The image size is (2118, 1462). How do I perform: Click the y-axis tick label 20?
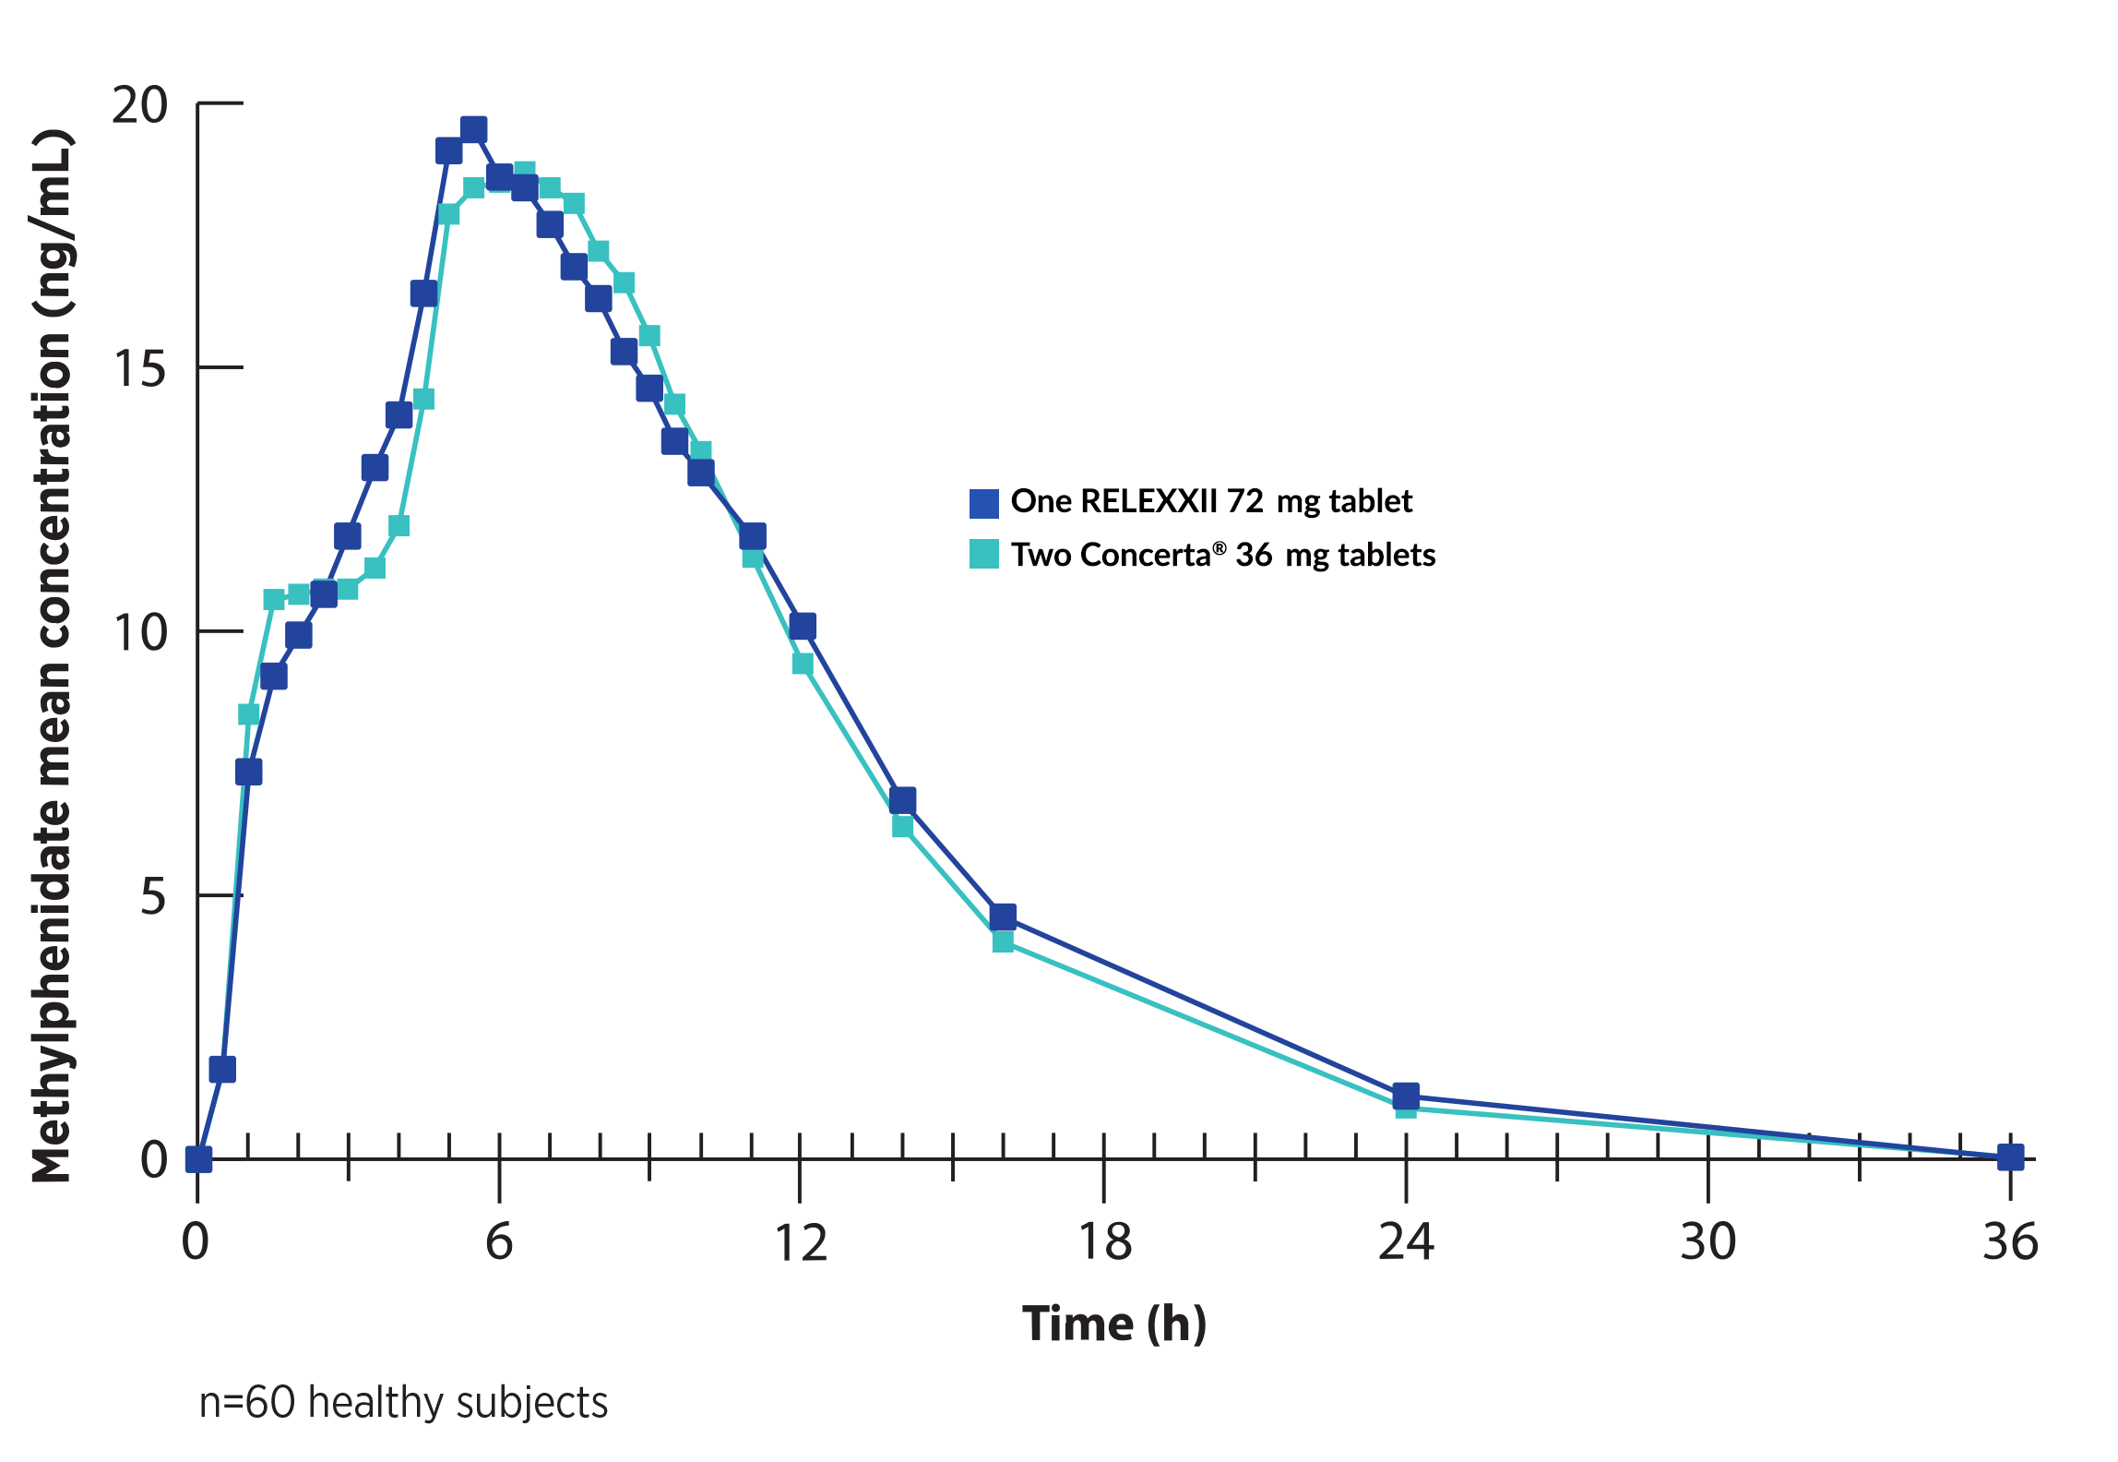139,105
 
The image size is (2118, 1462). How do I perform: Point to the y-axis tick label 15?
139,368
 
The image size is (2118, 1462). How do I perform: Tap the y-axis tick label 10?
139,632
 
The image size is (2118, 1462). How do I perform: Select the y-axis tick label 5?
153,896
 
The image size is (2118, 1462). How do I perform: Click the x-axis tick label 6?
499,1241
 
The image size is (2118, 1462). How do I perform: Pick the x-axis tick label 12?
801,1241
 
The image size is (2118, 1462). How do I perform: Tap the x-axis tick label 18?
1104,1241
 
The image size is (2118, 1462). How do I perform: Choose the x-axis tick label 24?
1406,1241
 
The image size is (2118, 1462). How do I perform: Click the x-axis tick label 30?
1707,1241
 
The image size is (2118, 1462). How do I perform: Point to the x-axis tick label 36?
2010,1241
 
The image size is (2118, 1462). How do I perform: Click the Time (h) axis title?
1113,1324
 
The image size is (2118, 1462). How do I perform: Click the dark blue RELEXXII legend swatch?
984,503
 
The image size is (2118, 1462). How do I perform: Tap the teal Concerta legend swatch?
984,554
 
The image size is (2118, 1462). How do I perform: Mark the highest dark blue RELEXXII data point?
473,130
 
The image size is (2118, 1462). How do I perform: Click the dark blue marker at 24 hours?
1406,1096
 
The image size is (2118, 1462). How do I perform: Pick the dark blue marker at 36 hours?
2010,1156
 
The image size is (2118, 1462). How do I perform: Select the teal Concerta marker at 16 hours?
1003,941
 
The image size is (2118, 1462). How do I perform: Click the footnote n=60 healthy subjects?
403,1402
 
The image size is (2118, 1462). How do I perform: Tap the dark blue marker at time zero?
198,1159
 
